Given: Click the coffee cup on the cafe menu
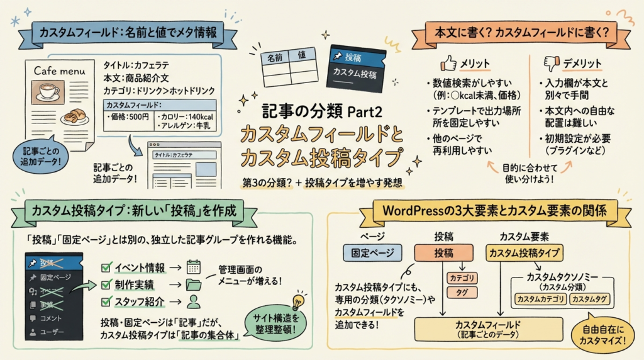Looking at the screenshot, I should click(48, 92).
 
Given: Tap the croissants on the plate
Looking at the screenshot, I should click(75, 116).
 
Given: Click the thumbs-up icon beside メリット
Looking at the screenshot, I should click(448, 63).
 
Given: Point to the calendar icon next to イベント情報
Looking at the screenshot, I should click(194, 266).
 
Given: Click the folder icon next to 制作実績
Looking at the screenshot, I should click(194, 284).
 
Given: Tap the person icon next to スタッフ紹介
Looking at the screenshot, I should click(194, 301).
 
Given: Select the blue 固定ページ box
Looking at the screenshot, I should click(372, 253).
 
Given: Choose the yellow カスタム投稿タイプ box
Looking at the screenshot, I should click(525, 253).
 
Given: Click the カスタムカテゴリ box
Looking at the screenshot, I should click(540, 299).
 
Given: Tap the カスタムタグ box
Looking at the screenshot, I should click(589, 299).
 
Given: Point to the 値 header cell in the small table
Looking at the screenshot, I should click(302, 55).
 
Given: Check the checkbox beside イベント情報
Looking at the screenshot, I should click(106, 267).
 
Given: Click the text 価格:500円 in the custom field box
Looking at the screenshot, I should click(128, 117).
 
